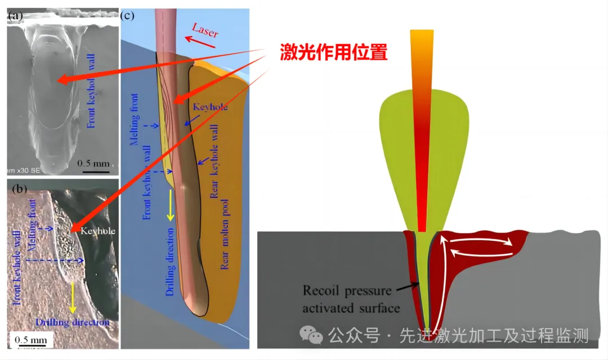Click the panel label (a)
click(15, 16)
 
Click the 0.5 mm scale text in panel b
click(30, 340)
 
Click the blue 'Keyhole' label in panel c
click(210, 106)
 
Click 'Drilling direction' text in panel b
click(71, 322)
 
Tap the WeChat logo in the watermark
click(311, 336)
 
